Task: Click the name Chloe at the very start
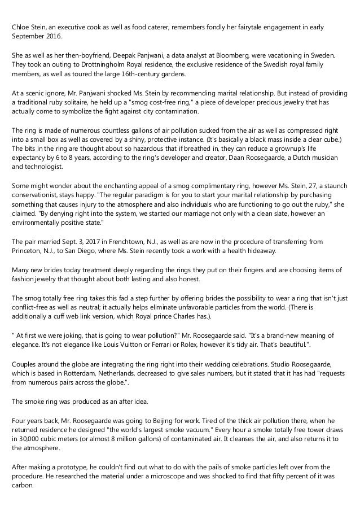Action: [21, 28]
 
